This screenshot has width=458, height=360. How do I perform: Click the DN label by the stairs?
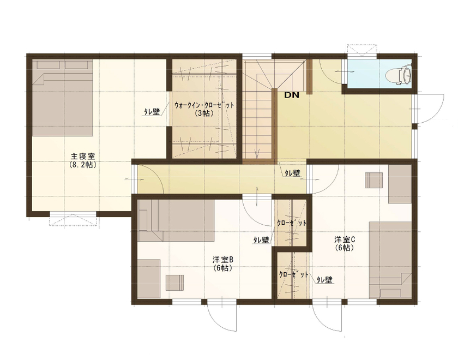(x=291, y=95)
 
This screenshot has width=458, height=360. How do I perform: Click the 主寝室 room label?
(x=83, y=155)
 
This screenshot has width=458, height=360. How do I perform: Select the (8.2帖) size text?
(x=83, y=164)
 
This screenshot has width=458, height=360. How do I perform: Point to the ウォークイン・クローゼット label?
(x=204, y=105)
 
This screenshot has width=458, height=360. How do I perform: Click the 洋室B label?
(x=223, y=260)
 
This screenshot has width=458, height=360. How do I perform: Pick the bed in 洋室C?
(x=390, y=259)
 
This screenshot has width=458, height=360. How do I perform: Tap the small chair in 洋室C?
(x=374, y=180)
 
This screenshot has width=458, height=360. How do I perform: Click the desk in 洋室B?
(x=148, y=278)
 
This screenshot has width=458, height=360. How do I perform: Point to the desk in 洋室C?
(x=400, y=184)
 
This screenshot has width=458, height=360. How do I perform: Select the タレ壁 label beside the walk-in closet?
(x=152, y=112)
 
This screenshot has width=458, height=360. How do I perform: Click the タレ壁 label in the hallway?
(x=292, y=173)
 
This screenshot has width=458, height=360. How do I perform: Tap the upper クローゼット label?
(x=292, y=224)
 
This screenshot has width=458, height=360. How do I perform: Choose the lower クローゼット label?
(x=293, y=275)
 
